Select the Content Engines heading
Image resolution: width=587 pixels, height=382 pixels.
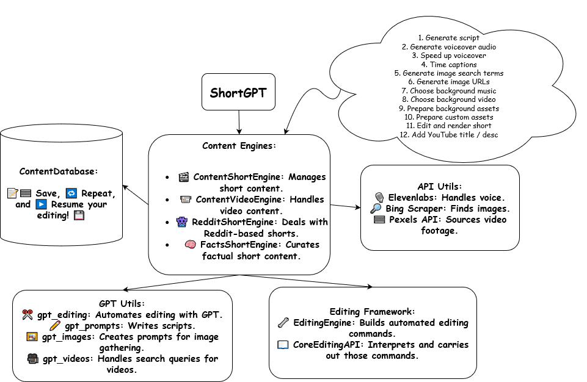(239, 146)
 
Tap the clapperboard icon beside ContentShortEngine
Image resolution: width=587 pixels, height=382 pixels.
(183, 178)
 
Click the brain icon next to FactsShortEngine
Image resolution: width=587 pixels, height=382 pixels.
(189, 245)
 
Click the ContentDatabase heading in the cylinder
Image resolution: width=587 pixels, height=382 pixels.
(59, 171)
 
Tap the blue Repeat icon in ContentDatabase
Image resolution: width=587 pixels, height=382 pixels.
(71, 193)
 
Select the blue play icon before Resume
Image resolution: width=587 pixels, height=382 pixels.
(42, 204)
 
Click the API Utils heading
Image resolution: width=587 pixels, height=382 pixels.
(439, 186)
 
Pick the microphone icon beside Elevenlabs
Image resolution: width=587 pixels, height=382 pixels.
(379, 197)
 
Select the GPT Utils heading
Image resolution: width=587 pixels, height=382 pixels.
(122, 303)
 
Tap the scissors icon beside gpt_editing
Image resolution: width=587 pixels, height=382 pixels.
(27, 315)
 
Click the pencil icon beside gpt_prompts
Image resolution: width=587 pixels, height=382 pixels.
(55, 326)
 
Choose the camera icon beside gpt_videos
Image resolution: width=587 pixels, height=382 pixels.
(32, 359)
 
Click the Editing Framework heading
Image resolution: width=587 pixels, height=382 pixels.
(372, 311)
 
